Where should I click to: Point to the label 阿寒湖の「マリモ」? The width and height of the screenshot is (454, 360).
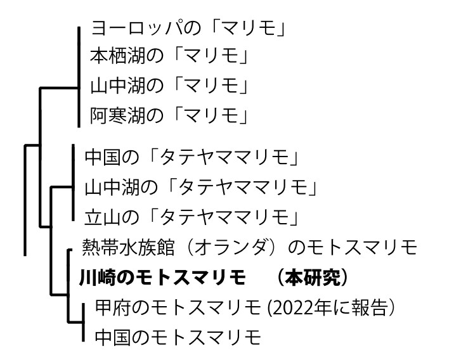coord(168,115)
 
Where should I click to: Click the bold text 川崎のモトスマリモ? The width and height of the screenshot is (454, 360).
coord(162,278)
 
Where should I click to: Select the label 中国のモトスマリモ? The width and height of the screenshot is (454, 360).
coord(178,337)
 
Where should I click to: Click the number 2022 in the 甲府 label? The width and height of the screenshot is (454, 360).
coord(295,308)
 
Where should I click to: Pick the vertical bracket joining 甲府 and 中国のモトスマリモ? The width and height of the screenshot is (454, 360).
coord(84,322)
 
